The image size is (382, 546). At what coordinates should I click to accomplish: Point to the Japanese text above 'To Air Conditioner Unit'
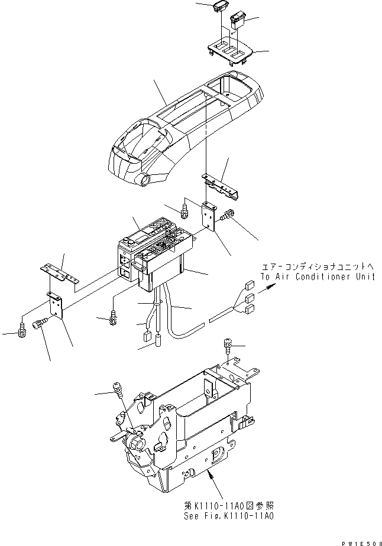point(319,266)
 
